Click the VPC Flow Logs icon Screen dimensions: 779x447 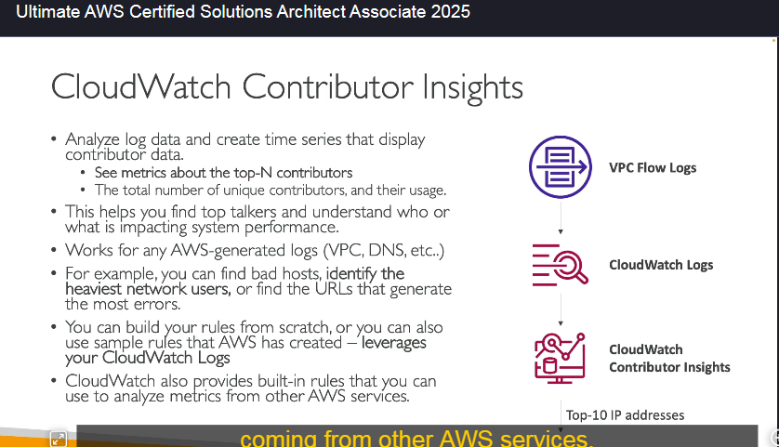click(x=561, y=167)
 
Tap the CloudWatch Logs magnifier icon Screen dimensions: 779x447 click(x=560, y=265)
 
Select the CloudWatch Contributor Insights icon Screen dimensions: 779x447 click(x=560, y=358)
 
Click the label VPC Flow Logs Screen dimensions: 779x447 click(x=653, y=168)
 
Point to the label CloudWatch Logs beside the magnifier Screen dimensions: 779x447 click(x=661, y=265)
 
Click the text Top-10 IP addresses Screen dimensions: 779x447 click(x=625, y=414)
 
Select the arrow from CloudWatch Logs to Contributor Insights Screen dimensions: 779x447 click(x=561, y=309)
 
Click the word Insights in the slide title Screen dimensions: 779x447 click(x=472, y=88)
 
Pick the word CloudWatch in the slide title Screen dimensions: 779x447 click(x=141, y=87)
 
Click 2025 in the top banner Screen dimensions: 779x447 click(x=450, y=11)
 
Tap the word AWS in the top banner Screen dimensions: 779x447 click(x=104, y=11)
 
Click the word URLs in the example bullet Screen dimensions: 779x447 click(x=328, y=289)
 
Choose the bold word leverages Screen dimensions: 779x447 click(x=394, y=343)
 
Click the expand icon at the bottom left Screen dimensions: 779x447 click(x=59, y=439)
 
